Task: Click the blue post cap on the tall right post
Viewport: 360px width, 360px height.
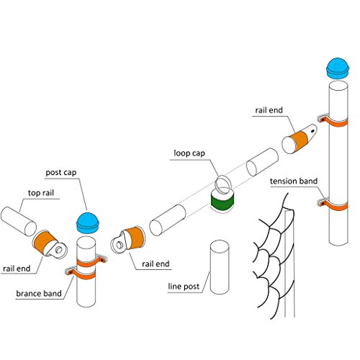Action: [x=337, y=68]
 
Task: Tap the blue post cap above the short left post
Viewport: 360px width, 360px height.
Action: [x=88, y=223]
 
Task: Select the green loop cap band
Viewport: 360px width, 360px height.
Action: [x=222, y=200]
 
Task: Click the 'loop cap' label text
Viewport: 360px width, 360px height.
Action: [x=189, y=153]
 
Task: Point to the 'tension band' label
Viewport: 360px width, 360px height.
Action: [x=294, y=181]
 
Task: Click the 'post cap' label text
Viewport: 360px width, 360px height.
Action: [x=61, y=172]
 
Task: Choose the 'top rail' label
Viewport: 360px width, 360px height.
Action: [x=41, y=193]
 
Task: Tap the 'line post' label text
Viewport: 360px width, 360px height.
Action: [x=184, y=287]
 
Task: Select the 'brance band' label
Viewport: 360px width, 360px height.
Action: [x=39, y=293]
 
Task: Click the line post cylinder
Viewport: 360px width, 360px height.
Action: [x=220, y=267]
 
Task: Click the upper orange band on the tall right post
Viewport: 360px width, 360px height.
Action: [x=333, y=122]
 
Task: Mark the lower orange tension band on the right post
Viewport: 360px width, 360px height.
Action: [x=333, y=205]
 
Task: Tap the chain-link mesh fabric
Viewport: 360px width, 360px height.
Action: [x=275, y=258]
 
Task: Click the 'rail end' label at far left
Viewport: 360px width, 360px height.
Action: [x=17, y=269]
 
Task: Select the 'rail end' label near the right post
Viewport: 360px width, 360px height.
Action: [x=269, y=110]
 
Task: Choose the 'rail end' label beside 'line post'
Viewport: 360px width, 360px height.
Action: [x=156, y=264]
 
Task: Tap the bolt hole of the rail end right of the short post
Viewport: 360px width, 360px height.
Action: [x=120, y=245]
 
